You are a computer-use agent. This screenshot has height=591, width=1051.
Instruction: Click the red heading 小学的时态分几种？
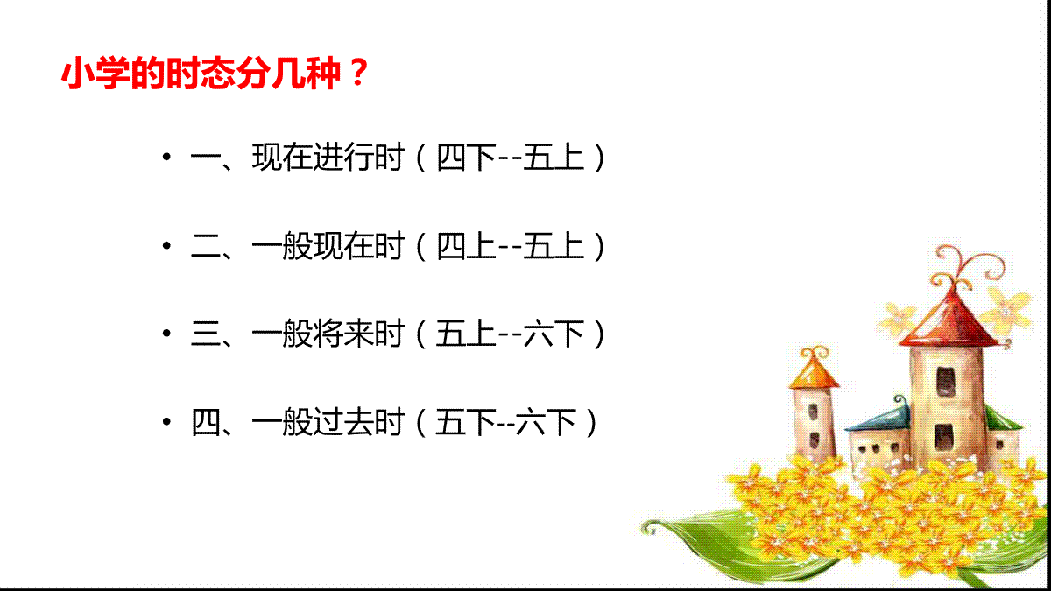coord(215,74)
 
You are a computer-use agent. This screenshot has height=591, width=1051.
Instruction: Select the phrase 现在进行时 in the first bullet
coord(328,157)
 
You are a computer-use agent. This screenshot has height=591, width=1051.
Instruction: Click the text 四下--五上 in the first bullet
coord(511,157)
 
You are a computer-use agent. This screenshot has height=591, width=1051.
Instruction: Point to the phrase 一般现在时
coord(328,245)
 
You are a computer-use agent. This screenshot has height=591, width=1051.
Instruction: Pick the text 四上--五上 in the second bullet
coord(511,245)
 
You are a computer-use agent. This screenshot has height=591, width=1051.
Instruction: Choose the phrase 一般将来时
coord(328,334)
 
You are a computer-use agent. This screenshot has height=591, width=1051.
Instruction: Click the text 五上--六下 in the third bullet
coord(511,334)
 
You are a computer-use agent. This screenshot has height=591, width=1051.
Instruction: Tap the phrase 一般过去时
coord(328,422)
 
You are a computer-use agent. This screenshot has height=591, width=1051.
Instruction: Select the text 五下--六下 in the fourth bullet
coord(506,422)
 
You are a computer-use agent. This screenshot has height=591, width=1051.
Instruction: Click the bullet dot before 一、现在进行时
coord(166,157)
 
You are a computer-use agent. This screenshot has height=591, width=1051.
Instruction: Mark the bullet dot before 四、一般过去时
coord(166,422)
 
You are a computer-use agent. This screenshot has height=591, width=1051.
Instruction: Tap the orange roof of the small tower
coord(814,373)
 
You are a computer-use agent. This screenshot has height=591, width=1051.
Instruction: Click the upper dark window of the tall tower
coord(945,382)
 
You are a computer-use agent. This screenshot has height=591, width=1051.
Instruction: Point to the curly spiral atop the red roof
coord(967,268)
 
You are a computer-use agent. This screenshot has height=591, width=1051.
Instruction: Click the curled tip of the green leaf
coord(650,528)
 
